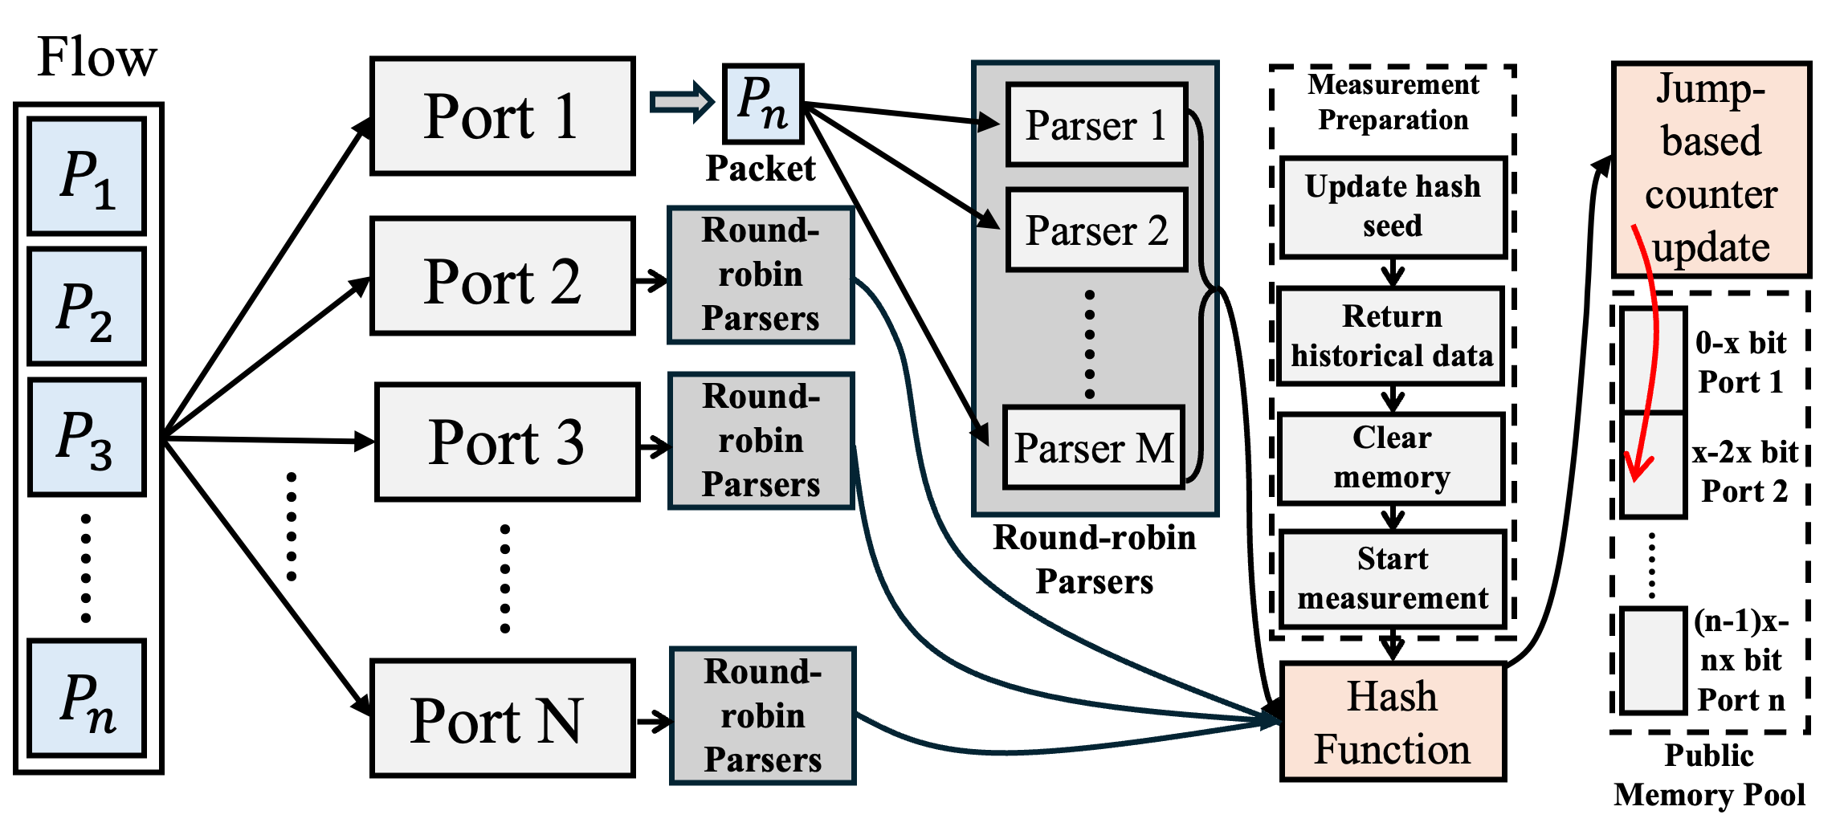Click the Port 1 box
(x=502, y=116)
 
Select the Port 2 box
(x=502, y=275)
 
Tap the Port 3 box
(x=507, y=442)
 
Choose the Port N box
(x=502, y=718)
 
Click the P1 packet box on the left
(x=87, y=176)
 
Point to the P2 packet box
(x=87, y=306)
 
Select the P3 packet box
(x=87, y=437)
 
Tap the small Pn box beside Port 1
(x=763, y=104)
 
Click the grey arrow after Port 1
(x=681, y=102)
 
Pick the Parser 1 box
(x=1096, y=124)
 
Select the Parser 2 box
(x=1096, y=230)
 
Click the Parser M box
(x=1094, y=447)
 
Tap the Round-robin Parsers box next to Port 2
(x=761, y=275)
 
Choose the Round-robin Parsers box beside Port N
(x=762, y=715)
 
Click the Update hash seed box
(x=1393, y=207)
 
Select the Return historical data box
(x=1391, y=336)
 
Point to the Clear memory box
(x=1391, y=458)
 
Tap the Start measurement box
(x=1392, y=579)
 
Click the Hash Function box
(x=1393, y=721)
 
